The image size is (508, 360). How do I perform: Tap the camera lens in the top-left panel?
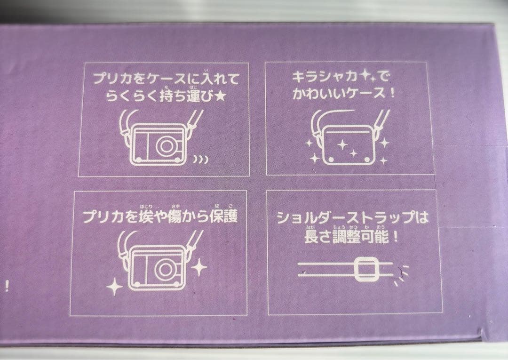pyautogui.click(x=165, y=145)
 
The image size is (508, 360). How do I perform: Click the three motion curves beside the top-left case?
pyautogui.click(x=200, y=160)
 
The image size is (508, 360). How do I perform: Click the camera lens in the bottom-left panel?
pyautogui.click(x=165, y=269)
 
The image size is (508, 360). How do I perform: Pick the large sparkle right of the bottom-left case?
pyautogui.click(x=199, y=268)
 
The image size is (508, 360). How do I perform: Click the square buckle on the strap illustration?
pyautogui.click(x=363, y=269)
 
